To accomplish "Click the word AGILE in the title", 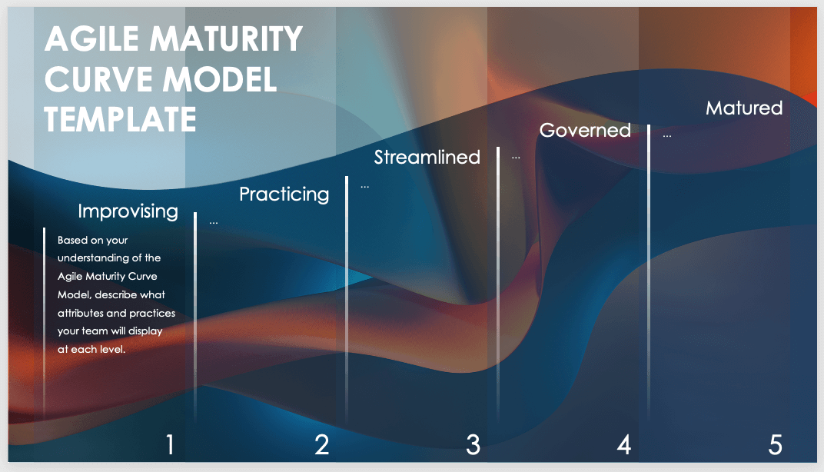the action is coord(92,39).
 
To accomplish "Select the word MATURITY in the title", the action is coord(227,39).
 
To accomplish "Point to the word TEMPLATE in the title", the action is coord(121,119).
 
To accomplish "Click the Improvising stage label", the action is coord(128,211).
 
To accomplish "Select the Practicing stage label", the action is coord(284,194).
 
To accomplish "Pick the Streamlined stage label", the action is coord(427,157).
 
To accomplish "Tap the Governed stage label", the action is coord(585,131).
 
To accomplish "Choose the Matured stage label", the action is coord(744,108).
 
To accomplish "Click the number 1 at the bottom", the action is coord(170,444).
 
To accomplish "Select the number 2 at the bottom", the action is coord(321,444).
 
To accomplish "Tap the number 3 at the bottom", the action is coord(473,444).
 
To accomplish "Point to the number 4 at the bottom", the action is coord(624,444).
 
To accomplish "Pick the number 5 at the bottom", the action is coord(776,444).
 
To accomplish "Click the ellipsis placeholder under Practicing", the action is coord(364,187).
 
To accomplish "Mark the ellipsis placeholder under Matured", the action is coord(667,136).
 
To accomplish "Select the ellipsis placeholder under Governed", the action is coord(516,158).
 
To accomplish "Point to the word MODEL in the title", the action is coord(220,79).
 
